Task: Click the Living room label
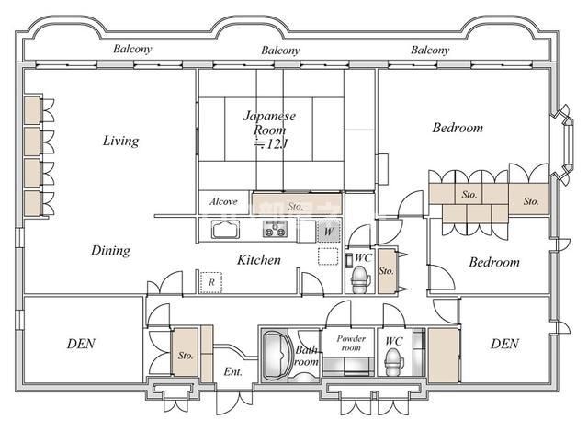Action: (120, 141)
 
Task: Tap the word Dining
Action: (110, 251)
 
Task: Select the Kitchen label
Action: (259, 259)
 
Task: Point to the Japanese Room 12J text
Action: (269, 130)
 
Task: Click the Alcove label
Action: (223, 202)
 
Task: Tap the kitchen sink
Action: (225, 229)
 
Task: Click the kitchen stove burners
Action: (275, 229)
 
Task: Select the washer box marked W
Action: (329, 231)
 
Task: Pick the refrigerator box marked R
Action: (211, 282)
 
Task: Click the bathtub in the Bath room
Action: (277, 355)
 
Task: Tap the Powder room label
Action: (351, 343)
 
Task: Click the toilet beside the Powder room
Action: (394, 361)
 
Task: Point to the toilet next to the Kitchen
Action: (361, 279)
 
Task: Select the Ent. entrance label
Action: (232, 372)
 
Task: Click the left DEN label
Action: (81, 344)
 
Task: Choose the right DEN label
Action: (504, 344)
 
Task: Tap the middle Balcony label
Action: (280, 51)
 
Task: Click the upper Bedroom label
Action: (458, 128)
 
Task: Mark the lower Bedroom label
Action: (494, 262)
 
